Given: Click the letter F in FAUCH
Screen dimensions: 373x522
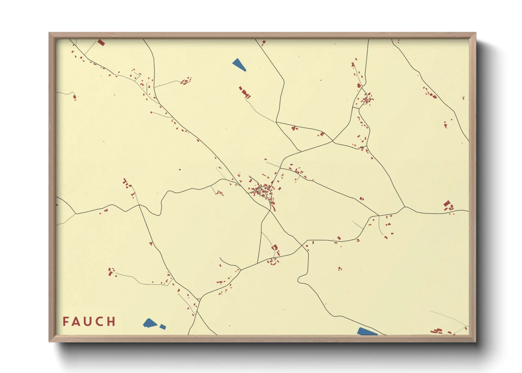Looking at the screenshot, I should pyautogui.click(x=66, y=322).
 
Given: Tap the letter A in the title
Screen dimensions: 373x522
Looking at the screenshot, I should pyautogui.click(x=77, y=322).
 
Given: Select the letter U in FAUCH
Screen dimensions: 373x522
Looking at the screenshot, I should pyautogui.click(x=89, y=322).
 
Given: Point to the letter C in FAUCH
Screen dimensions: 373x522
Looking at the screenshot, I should pyautogui.click(x=100, y=322).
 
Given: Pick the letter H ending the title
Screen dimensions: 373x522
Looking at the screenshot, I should pyautogui.click(x=111, y=322).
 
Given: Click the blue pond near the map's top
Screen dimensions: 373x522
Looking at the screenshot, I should pyautogui.click(x=239, y=65).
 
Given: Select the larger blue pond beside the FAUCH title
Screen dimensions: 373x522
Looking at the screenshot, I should pyautogui.click(x=150, y=323).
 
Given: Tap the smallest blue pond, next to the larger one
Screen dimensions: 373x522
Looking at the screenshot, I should pyautogui.click(x=163, y=327).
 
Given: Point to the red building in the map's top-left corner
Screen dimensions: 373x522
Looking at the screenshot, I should pyautogui.click(x=101, y=42).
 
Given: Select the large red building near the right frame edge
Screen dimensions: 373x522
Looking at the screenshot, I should pyautogui.click(x=447, y=204).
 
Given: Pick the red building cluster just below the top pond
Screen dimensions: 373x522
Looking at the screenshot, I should pyautogui.click(x=245, y=93).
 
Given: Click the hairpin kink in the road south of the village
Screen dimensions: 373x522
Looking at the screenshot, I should pyautogui.click(x=299, y=279).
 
